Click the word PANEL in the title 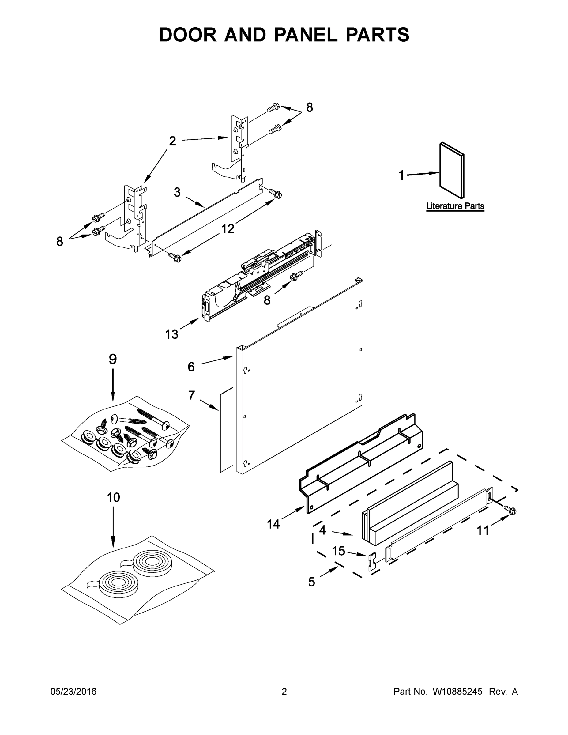(x=305, y=35)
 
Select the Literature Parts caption (x=455, y=206)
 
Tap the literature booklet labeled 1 (x=452, y=170)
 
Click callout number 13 (x=171, y=334)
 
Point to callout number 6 (x=191, y=367)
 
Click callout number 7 (x=191, y=395)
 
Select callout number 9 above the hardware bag (x=113, y=360)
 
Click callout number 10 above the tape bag (x=113, y=497)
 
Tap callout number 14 (x=273, y=524)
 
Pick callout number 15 (x=339, y=551)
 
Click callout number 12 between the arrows (x=228, y=229)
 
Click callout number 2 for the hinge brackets (x=172, y=141)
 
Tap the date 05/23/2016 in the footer (x=73, y=692)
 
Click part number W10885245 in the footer (x=457, y=692)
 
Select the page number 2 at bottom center (x=284, y=692)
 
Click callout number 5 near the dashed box (x=312, y=582)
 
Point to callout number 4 (x=322, y=530)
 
